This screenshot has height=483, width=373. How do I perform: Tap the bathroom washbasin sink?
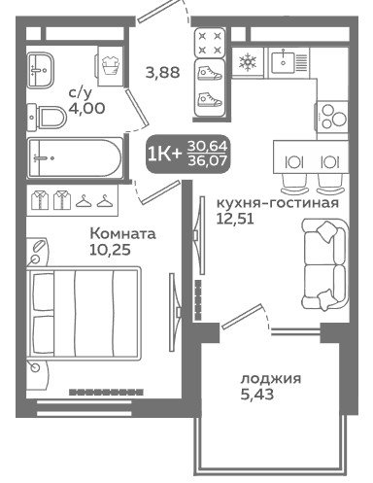point(40,70)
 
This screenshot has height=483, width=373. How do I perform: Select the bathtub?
point(76,158)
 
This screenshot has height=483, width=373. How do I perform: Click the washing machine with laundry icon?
point(110,66)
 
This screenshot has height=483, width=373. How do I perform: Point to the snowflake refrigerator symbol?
point(248,62)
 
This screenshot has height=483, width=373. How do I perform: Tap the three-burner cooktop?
point(332,117)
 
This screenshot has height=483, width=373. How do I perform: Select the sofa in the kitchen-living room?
point(325,264)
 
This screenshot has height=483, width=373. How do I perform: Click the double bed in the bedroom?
point(85,314)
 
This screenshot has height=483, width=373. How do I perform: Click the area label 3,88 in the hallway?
point(162,72)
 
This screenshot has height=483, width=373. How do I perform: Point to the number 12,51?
point(235,219)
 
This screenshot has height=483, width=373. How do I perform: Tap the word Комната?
point(122,233)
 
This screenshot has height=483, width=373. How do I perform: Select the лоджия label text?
point(271,378)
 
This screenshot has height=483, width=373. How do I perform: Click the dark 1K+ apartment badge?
point(188,155)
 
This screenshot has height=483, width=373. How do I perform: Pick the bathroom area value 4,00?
point(86,108)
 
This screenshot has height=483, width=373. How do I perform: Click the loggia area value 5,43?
point(257,395)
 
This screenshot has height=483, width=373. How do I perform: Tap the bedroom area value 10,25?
point(110,250)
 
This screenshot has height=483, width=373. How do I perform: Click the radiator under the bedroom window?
point(106,392)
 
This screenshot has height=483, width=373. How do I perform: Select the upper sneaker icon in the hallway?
point(210,74)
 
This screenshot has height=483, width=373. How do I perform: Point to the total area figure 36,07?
point(207,160)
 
